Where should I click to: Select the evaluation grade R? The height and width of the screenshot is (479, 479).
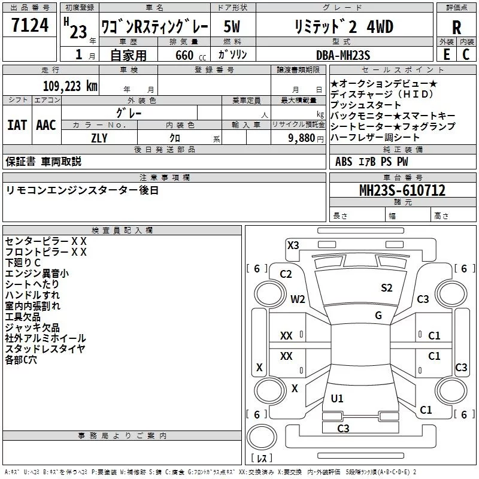[x=456, y=27]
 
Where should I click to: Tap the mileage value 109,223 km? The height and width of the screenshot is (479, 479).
[x=69, y=86]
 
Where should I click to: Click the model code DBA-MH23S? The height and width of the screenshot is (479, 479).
[x=343, y=54]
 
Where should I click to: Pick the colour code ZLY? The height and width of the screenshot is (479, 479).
[x=99, y=137]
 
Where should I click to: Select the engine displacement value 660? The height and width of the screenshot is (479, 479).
[x=184, y=55]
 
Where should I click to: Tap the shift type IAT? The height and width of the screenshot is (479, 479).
[x=17, y=125]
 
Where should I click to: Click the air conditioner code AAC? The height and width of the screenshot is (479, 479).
[x=46, y=125]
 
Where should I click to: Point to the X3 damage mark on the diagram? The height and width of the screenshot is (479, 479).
[x=293, y=245]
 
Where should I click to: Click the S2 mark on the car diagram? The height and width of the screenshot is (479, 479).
[x=387, y=288]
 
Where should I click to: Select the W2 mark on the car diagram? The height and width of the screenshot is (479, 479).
[x=298, y=299]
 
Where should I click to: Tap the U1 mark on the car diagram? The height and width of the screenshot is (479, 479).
[x=337, y=399]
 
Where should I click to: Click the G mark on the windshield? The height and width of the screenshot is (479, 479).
[x=378, y=315]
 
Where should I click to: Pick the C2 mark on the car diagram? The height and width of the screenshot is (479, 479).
[x=286, y=274]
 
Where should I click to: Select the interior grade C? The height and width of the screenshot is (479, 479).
[x=466, y=54]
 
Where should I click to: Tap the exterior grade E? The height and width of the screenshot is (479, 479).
[x=446, y=54]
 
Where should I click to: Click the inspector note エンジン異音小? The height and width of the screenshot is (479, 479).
[x=37, y=273]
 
